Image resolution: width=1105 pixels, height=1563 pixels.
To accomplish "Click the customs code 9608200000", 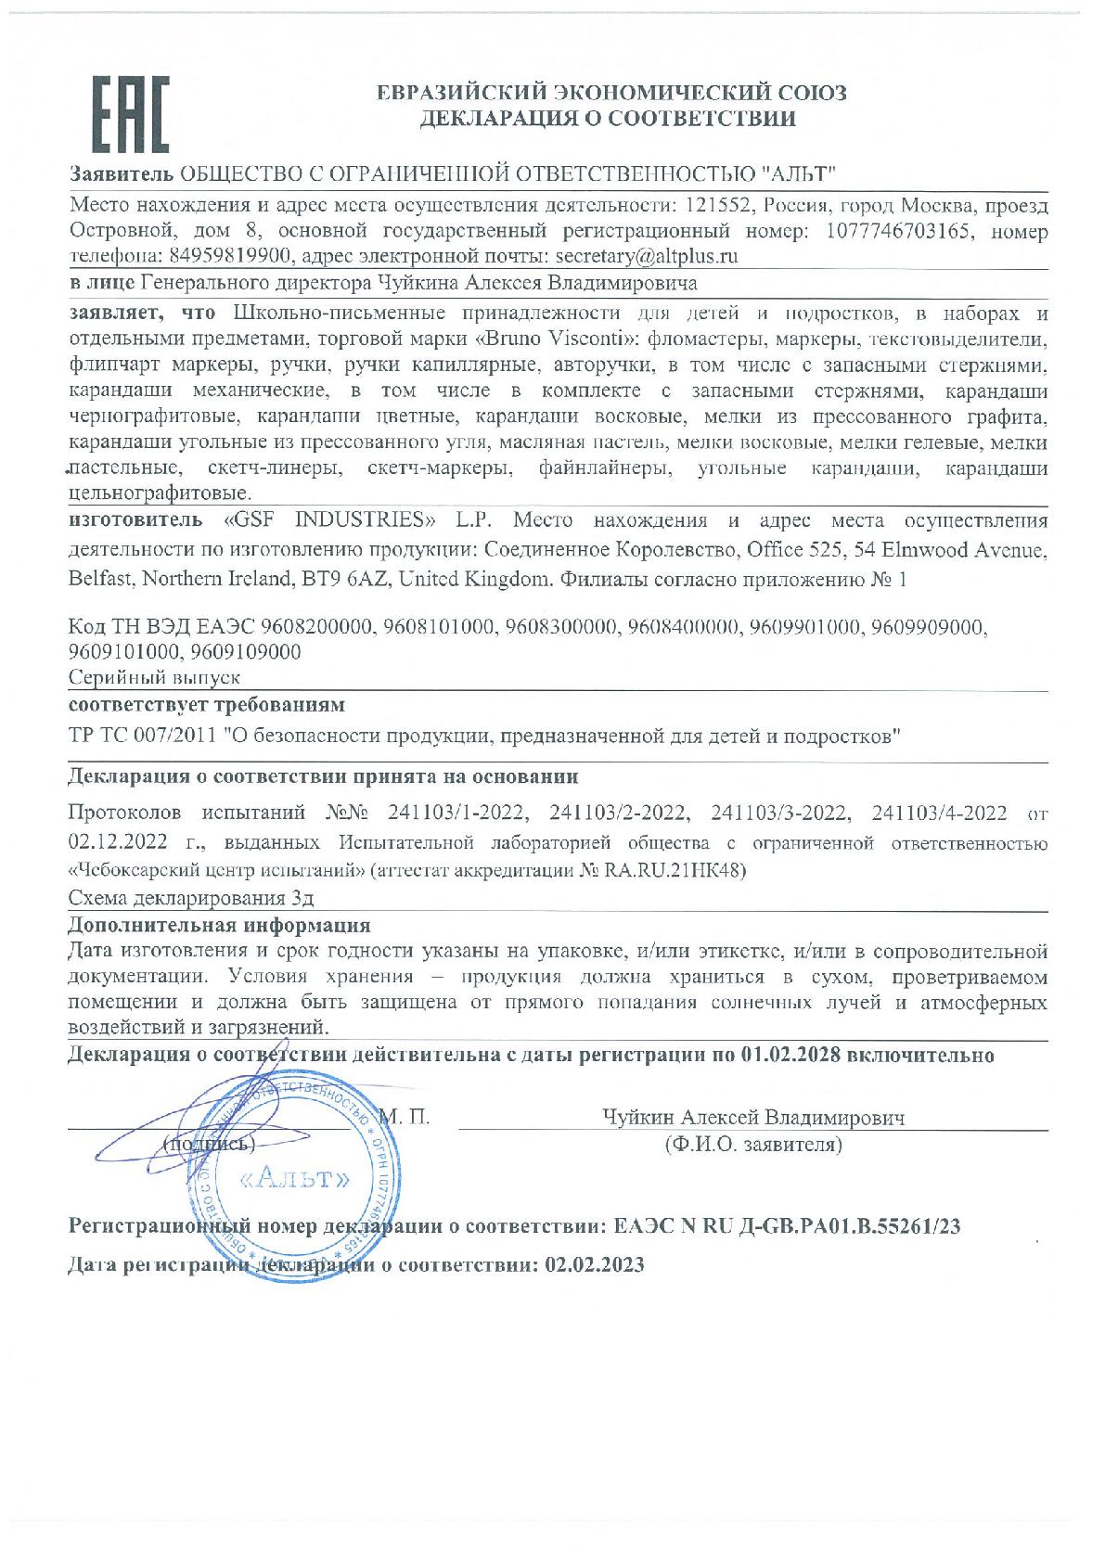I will pos(314,628).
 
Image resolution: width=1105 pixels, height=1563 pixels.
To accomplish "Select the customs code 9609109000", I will pos(244,652).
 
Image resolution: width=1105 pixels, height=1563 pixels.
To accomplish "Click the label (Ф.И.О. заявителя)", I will pos(752,1145).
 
